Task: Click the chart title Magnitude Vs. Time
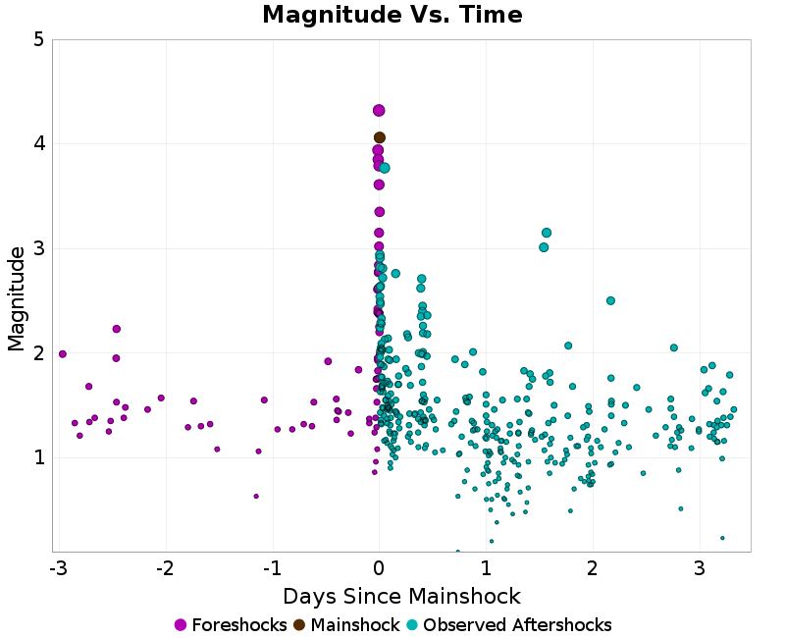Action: tap(392, 16)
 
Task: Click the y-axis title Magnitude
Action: tap(16, 297)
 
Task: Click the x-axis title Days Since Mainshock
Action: tap(401, 596)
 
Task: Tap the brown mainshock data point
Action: tap(380, 137)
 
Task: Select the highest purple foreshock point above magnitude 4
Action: tap(379, 111)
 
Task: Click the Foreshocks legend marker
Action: tap(181, 625)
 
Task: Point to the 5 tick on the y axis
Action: tap(37, 40)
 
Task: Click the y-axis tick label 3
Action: tap(37, 248)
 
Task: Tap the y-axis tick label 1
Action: tap(37, 457)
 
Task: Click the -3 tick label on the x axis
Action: tap(56, 569)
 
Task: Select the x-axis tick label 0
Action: tap(379, 569)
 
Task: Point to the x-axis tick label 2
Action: tap(593, 569)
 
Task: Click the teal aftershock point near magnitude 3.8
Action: tap(385, 168)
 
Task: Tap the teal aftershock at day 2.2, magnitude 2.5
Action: tap(610, 300)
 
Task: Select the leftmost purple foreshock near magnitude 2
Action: tap(63, 353)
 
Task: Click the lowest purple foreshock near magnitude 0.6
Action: tap(256, 496)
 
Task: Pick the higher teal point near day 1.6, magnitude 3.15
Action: tap(547, 233)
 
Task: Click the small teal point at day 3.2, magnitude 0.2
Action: tap(722, 538)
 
